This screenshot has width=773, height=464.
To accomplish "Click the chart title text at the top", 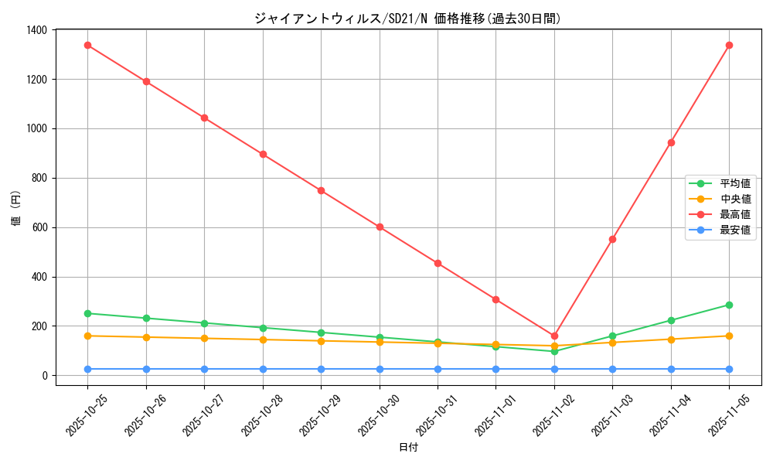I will pos(407,19).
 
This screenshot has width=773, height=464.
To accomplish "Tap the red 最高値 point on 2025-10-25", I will pos(87,45).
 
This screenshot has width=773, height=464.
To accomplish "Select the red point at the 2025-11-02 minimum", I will pos(554,336).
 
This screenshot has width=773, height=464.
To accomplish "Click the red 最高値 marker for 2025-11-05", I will pos(729,45).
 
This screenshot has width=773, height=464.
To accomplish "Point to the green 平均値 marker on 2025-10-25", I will pos(87,313).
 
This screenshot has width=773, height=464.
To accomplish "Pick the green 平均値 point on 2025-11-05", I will pos(729,305).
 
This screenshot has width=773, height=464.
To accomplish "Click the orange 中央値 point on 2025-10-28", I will pos(263,339).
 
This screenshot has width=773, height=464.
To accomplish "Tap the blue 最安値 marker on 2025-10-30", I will pos(380,369).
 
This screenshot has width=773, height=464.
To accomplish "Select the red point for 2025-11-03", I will pos(612,239).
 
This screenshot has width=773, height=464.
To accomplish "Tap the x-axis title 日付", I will pos(408,448).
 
